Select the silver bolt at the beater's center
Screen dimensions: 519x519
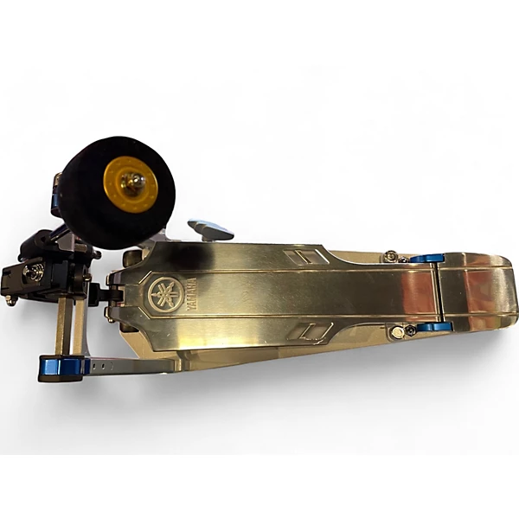pyautogui.click(x=133, y=182)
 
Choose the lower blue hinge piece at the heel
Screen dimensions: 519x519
pyautogui.click(x=434, y=327)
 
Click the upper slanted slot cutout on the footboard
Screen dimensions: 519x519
pyautogui.click(x=306, y=257)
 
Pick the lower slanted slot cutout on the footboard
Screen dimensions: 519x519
pyautogui.click(x=310, y=331)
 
